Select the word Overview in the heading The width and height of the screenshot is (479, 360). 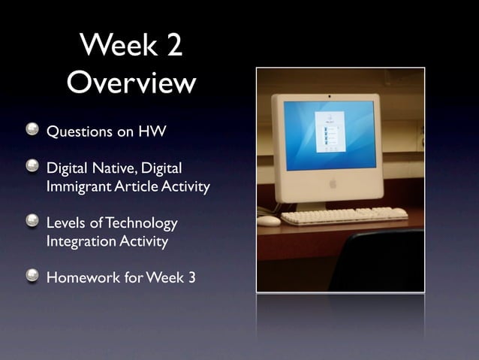tap(131, 83)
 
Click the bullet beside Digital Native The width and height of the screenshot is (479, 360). tap(32, 165)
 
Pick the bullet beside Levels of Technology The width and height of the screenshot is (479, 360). tap(32, 222)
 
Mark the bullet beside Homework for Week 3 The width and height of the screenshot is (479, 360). tap(32, 277)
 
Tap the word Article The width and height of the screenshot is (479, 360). tap(134, 186)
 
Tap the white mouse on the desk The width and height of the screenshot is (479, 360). tap(268, 221)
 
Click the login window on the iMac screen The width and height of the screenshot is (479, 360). tap(329, 132)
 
